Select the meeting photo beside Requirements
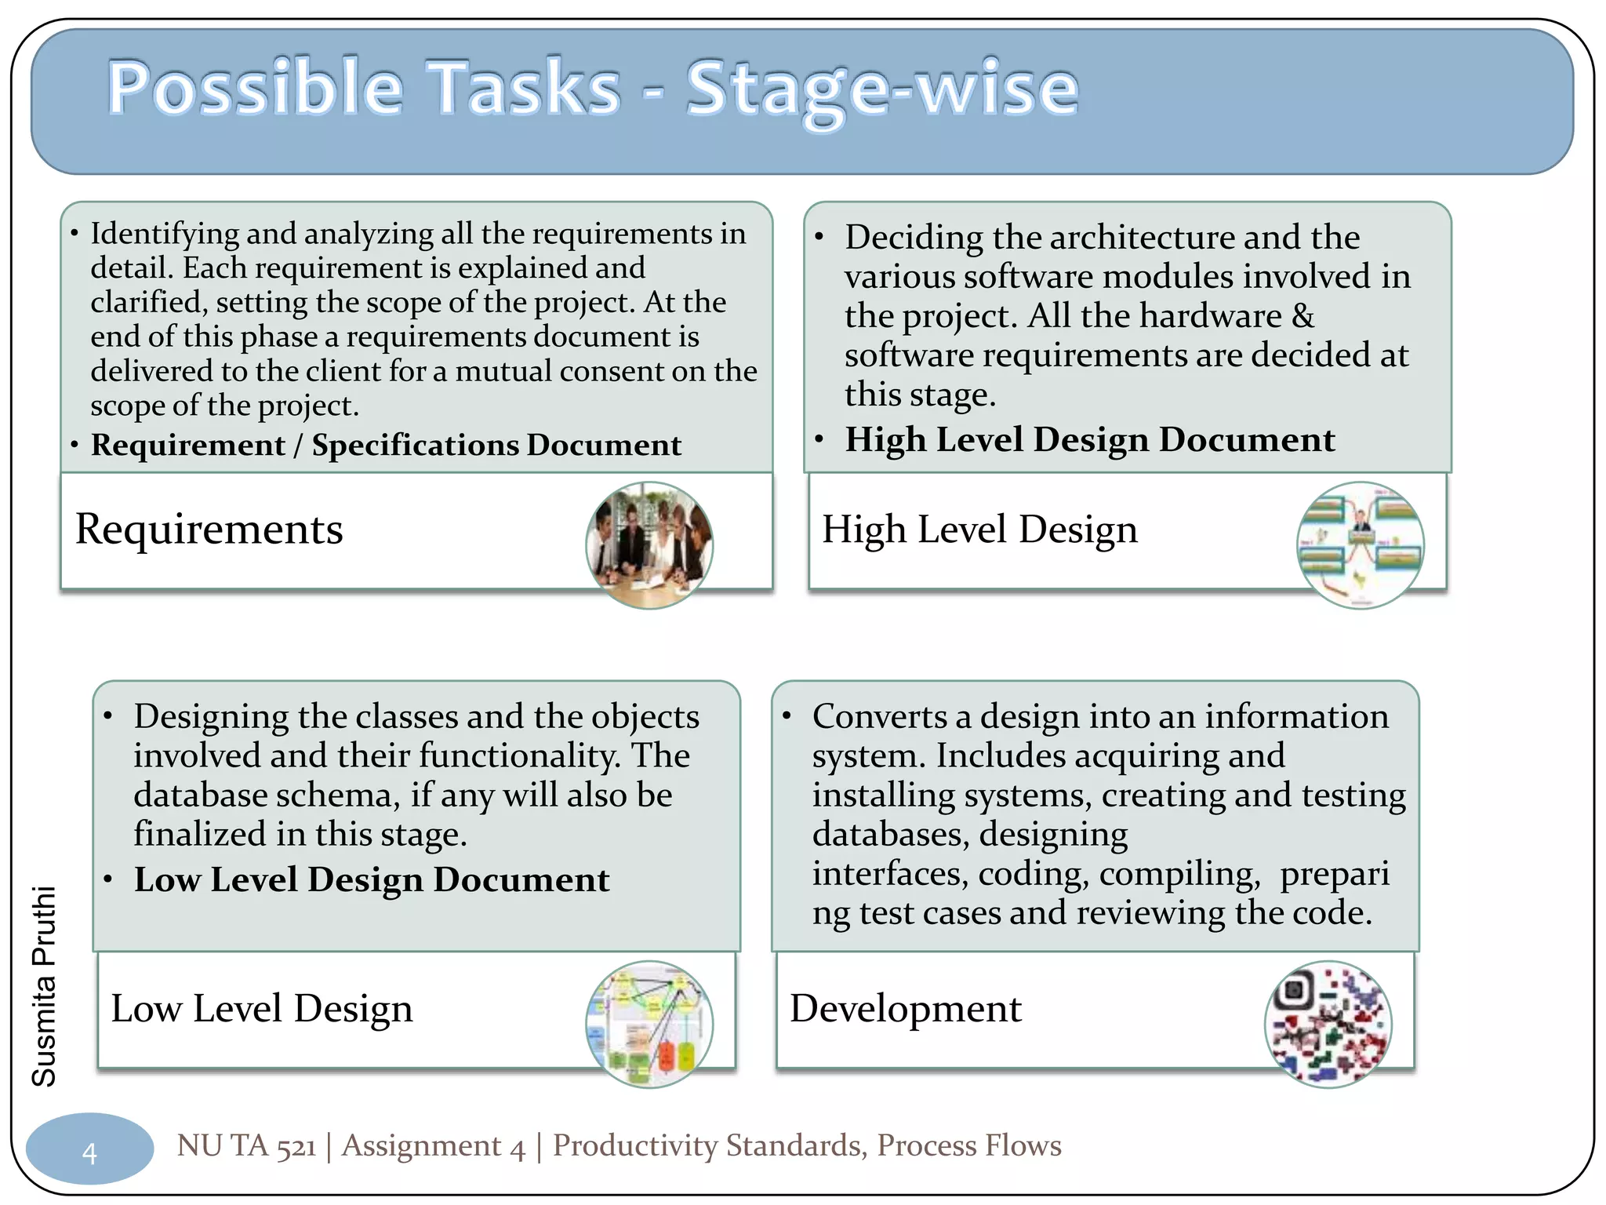pos(649,545)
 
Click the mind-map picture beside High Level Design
pos(1360,545)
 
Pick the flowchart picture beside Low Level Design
pos(649,1024)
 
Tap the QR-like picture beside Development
pos(1328,1024)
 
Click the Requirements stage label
pos(209,530)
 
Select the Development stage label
pos(905,1009)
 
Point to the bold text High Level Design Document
pos(1089,440)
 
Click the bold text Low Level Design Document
pos(371,880)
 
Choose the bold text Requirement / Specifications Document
pos(386,446)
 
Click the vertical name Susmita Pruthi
pos(44,986)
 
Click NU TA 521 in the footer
pos(246,1146)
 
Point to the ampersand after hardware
pos(1303,315)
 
